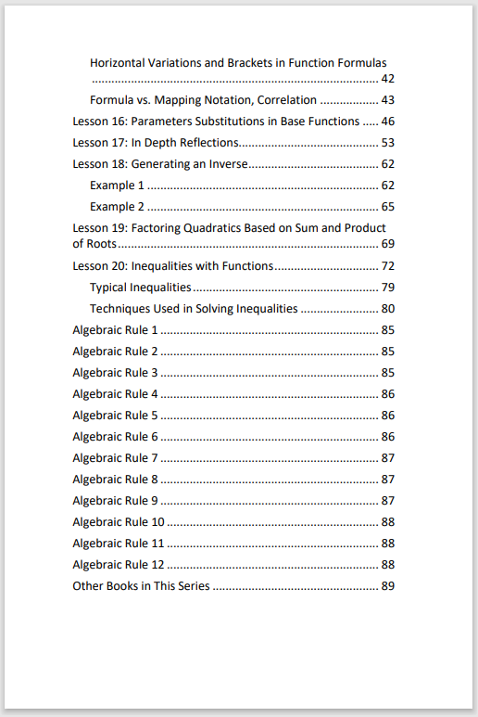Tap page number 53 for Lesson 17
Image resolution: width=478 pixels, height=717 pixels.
(x=388, y=143)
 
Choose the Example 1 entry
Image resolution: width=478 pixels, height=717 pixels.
(x=117, y=186)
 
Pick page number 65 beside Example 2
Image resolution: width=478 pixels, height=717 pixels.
(x=388, y=207)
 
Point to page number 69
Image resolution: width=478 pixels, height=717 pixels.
(x=388, y=244)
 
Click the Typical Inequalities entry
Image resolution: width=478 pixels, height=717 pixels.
(x=141, y=288)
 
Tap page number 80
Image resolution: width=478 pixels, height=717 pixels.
(x=388, y=309)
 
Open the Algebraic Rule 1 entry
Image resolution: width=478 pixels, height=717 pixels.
(x=116, y=330)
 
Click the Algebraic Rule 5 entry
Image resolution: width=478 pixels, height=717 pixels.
(x=116, y=416)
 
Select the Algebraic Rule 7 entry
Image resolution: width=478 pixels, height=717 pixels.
(x=116, y=458)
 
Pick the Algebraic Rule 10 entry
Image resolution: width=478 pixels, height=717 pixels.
(x=119, y=522)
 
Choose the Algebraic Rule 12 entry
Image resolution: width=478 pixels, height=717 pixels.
(x=119, y=565)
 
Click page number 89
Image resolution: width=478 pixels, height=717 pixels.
(x=388, y=586)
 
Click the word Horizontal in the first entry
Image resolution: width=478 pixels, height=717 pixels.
(x=120, y=63)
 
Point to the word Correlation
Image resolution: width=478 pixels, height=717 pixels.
(x=286, y=100)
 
